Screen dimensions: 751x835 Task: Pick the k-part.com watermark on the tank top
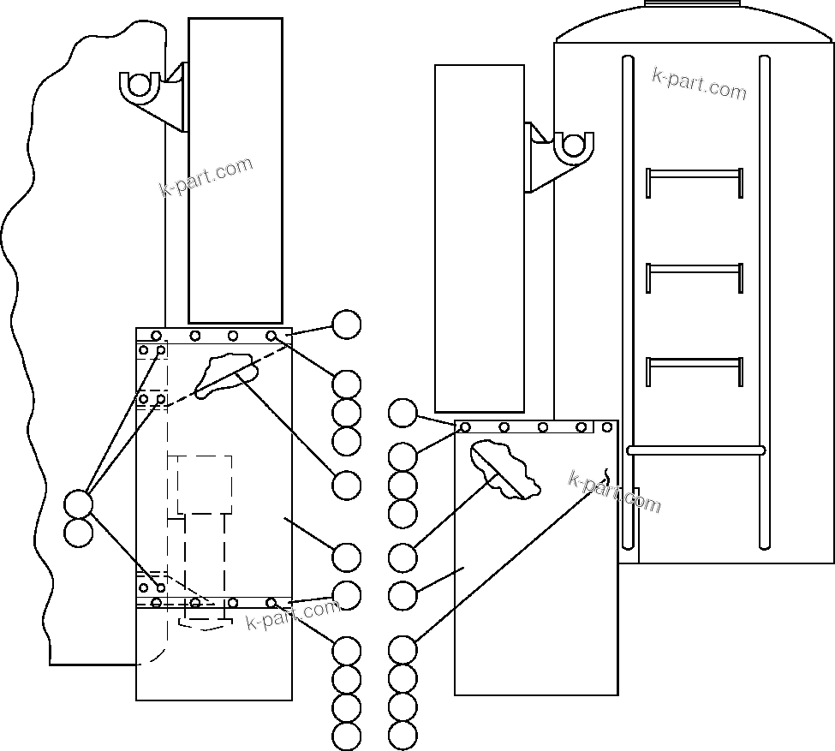coord(699,83)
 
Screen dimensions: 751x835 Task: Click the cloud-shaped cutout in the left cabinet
coord(224,375)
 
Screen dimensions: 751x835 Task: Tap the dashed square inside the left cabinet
coord(205,484)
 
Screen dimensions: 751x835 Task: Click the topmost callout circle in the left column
coord(346,325)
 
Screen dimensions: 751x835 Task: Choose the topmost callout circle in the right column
coord(403,413)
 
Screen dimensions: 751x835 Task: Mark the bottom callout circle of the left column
coord(346,736)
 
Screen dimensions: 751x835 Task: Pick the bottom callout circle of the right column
coord(403,735)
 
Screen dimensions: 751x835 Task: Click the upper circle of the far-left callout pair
coord(78,504)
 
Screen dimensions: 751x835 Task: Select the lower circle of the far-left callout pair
coord(78,532)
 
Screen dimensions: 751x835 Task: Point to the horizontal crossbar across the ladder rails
coord(695,450)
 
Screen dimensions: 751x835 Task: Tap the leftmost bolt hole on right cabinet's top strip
coord(465,426)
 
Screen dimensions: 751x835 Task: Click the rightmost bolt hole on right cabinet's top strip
coord(607,426)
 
